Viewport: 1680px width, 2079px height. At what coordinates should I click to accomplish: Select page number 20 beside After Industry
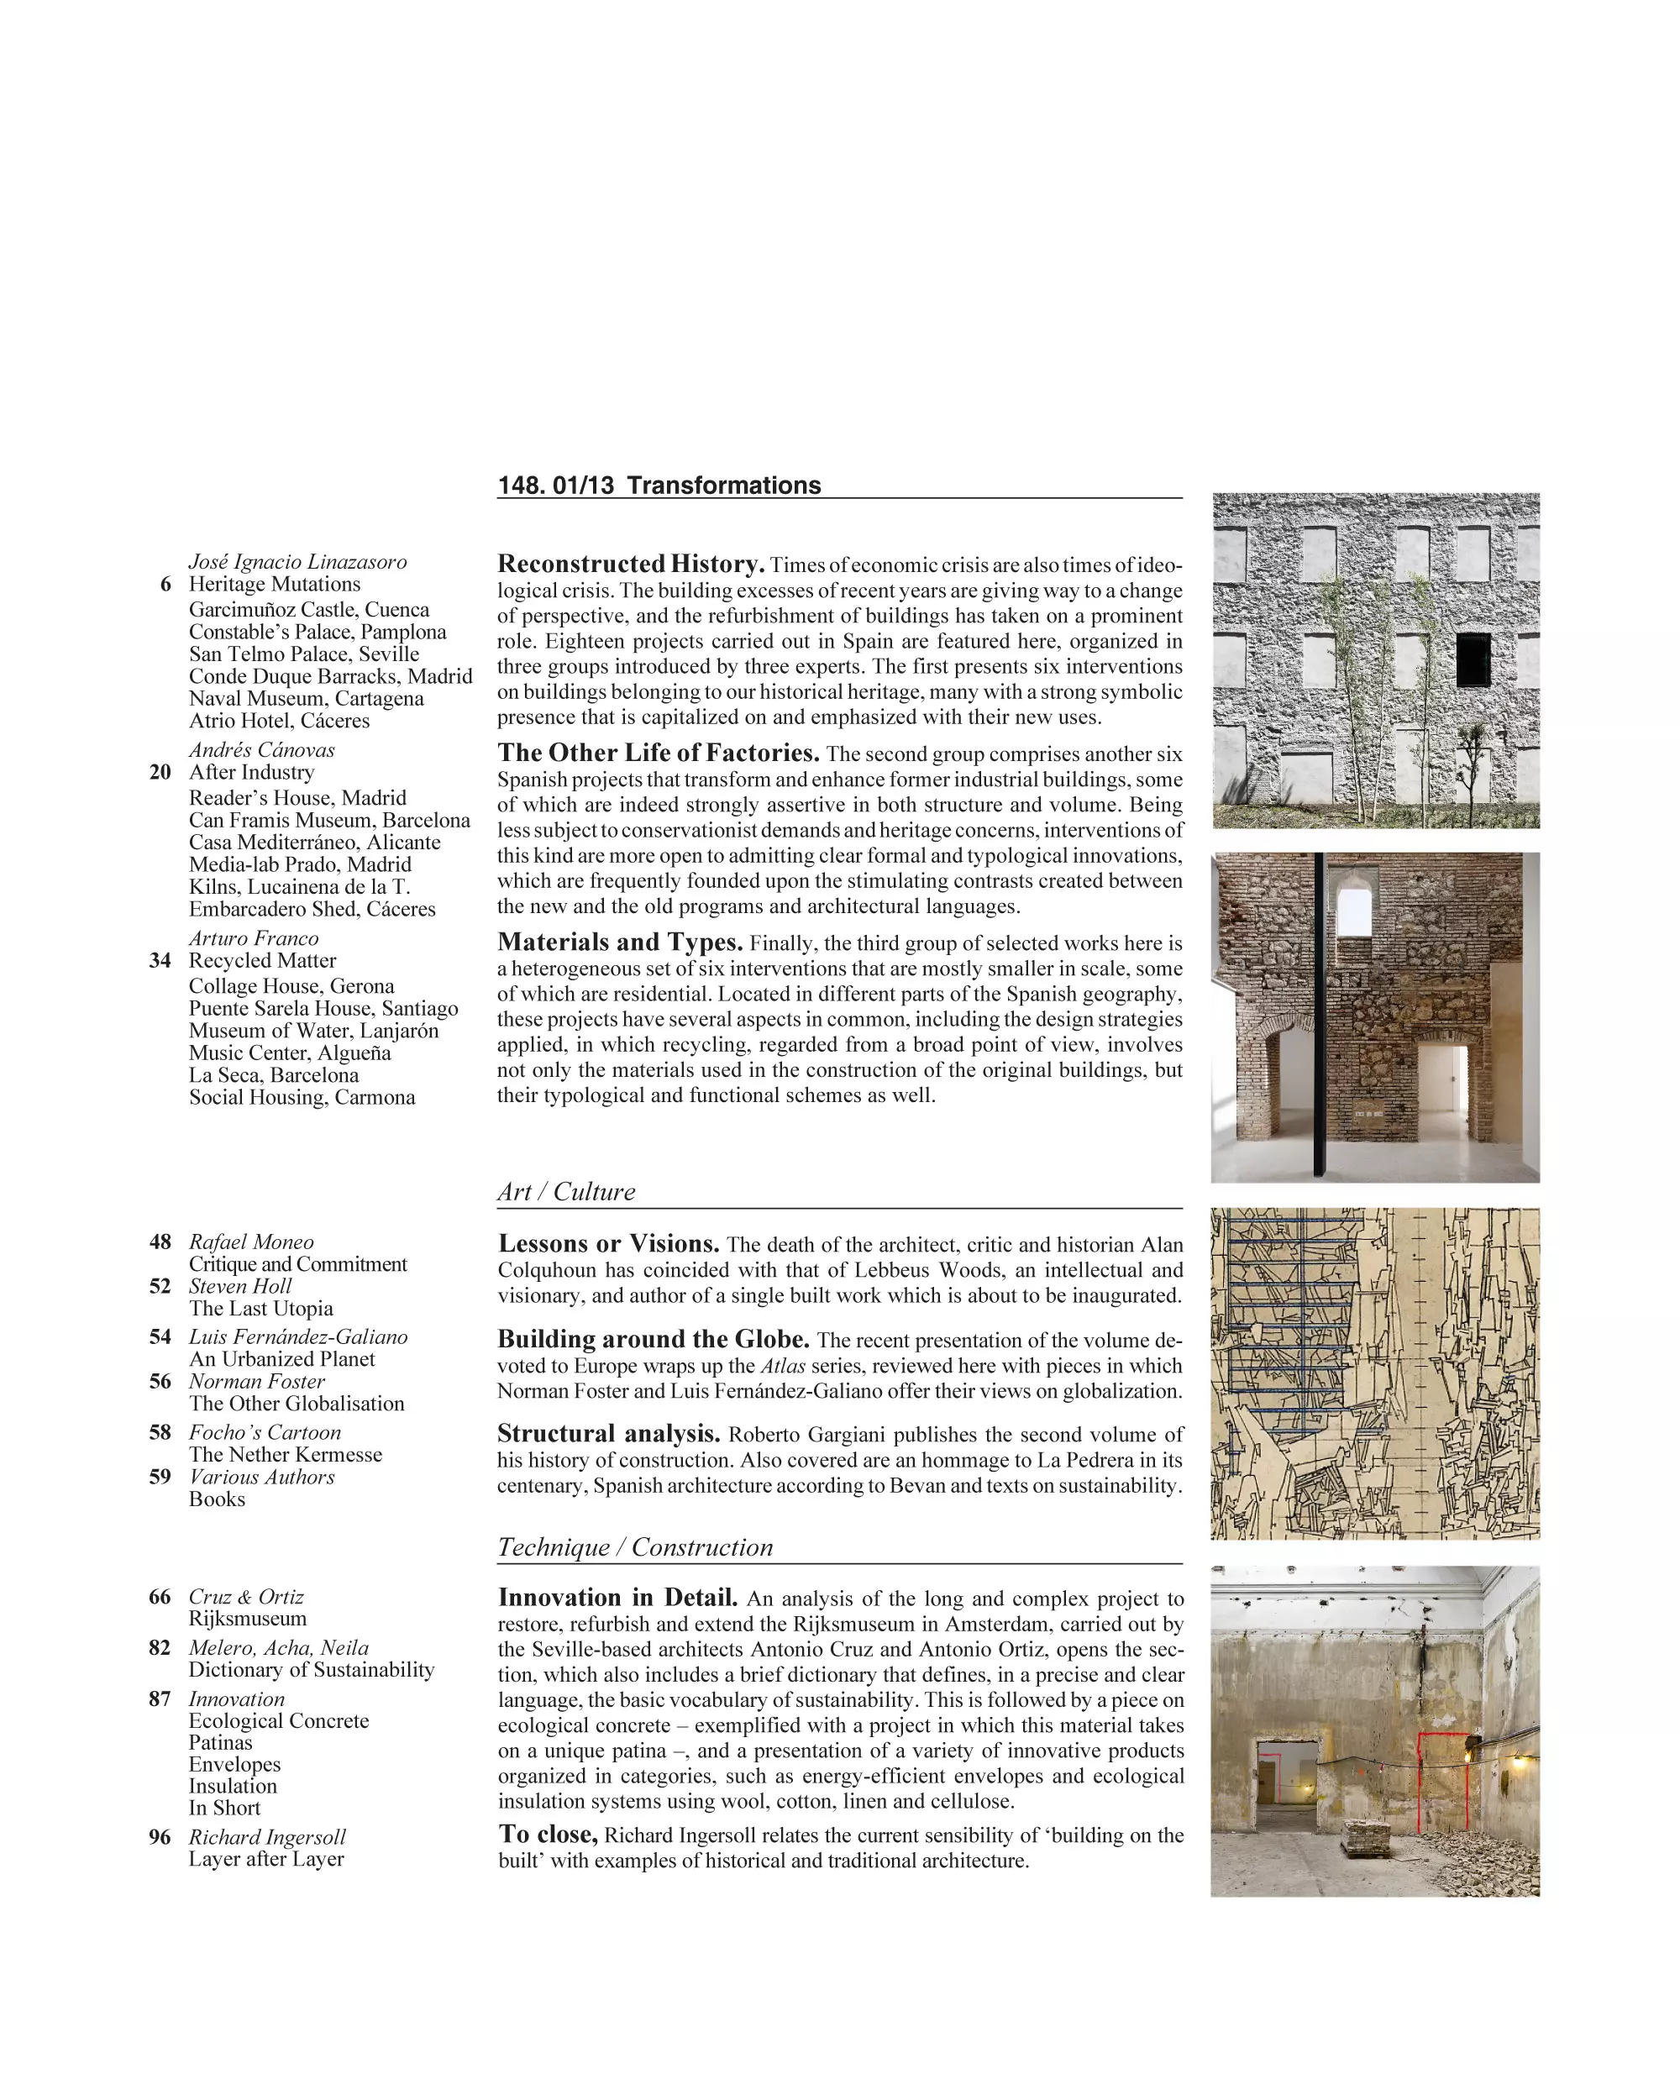click(160, 771)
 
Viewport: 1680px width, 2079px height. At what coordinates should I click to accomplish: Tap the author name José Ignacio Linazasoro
click(297, 561)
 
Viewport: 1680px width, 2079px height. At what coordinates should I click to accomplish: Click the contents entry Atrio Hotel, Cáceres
click(279, 720)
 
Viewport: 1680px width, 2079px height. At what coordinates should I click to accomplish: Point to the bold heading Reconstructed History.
click(631, 564)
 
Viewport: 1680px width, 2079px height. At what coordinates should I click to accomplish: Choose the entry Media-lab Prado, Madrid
click(300, 864)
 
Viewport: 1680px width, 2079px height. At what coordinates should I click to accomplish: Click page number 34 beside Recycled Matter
click(160, 960)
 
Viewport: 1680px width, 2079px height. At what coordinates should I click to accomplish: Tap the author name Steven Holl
click(240, 1286)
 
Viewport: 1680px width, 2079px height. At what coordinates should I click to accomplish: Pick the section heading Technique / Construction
click(635, 1546)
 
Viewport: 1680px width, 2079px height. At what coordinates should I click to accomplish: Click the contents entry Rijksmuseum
click(248, 1619)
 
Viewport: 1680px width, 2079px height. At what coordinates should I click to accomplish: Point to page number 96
click(160, 1837)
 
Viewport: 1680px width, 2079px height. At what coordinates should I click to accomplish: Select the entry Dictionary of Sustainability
click(312, 1670)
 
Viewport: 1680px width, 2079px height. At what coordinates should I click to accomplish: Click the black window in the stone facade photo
click(1473, 660)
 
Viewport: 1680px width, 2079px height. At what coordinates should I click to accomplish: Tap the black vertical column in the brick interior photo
click(1319, 1016)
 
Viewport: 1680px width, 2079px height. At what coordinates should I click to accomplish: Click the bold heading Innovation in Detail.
click(617, 1598)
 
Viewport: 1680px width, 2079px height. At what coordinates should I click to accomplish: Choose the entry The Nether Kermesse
click(286, 1455)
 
